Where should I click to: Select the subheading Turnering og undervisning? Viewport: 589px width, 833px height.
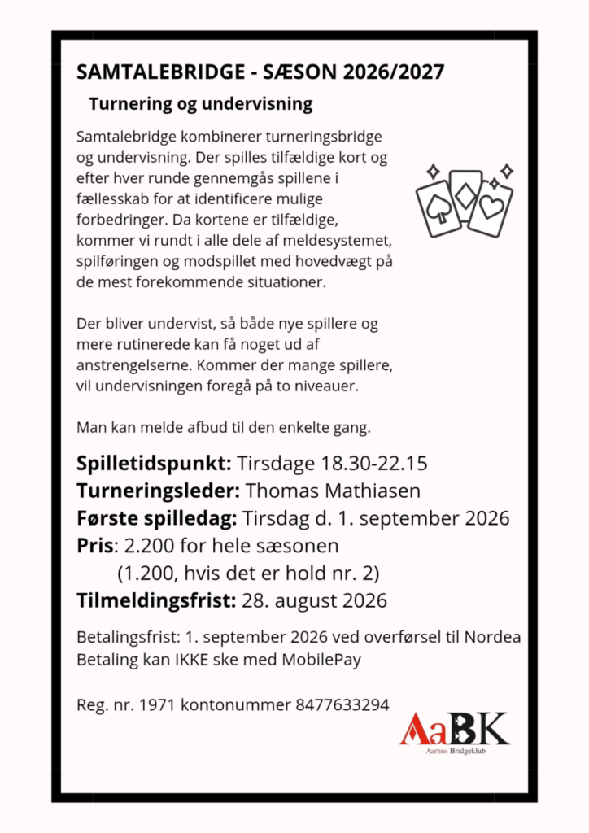tap(200, 105)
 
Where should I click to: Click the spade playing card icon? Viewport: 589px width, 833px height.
tap(438, 208)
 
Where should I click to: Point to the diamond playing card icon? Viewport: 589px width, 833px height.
tap(466, 195)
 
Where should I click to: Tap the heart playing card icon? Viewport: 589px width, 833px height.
tap(492, 208)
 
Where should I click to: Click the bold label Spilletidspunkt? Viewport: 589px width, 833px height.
tap(155, 464)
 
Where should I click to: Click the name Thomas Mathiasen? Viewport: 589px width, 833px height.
tap(332, 491)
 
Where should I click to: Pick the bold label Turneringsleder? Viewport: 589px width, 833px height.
tap(158, 491)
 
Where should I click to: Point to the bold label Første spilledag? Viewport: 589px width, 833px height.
tap(156, 518)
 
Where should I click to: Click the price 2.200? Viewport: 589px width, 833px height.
tap(150, 546)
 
